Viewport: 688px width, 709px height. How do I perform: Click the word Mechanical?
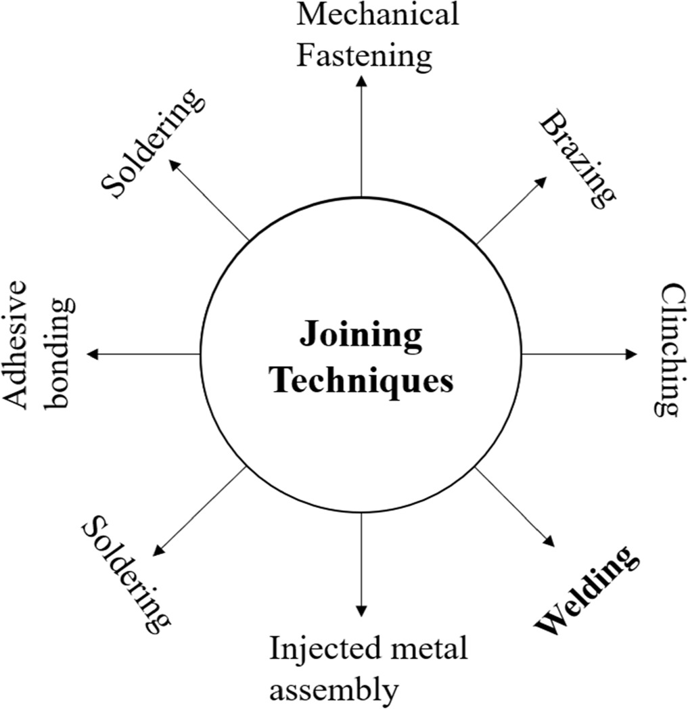(377, 16)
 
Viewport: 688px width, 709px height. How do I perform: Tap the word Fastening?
(365, 55)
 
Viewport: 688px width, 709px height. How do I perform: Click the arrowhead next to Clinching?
(632, 354)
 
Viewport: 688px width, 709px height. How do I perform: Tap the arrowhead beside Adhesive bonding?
(93, 354)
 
